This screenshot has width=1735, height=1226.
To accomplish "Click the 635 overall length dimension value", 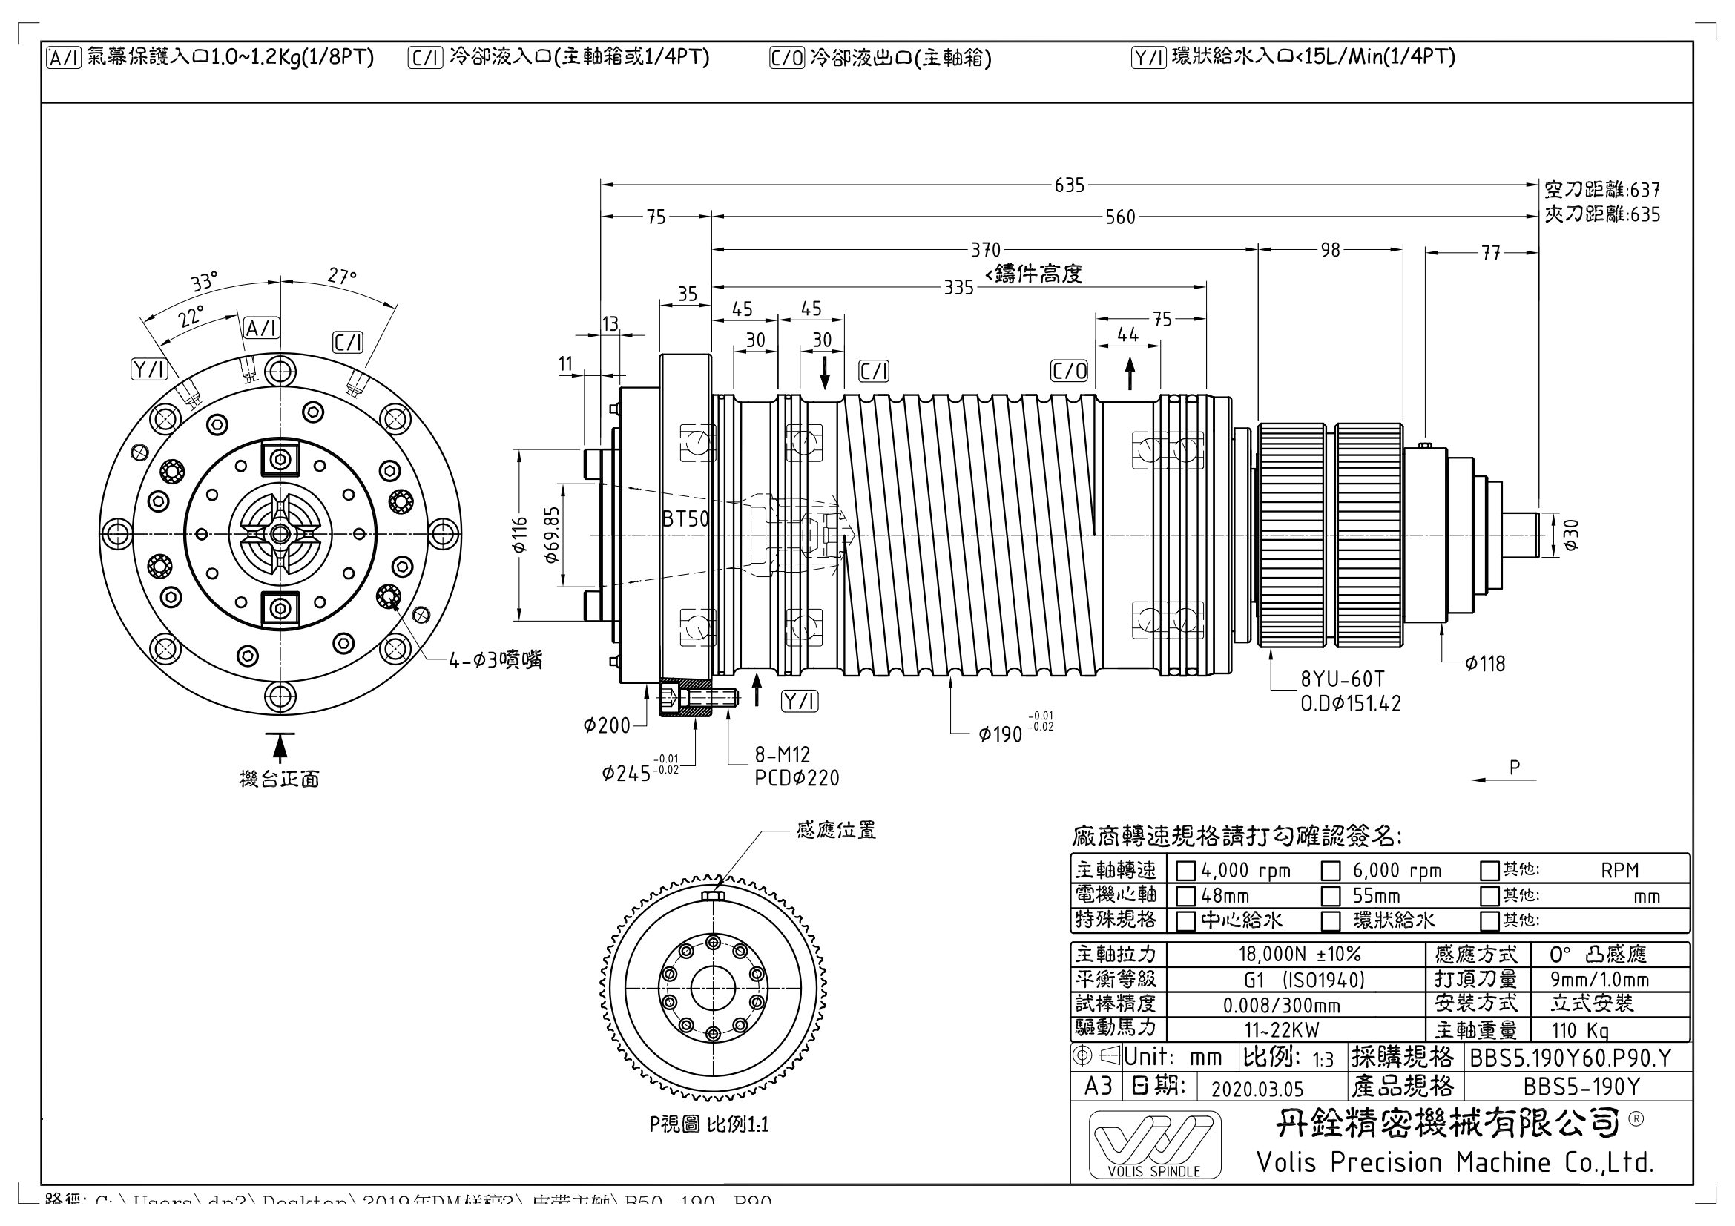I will click(1070, 185).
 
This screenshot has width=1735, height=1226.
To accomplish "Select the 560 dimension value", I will click(1120, 217).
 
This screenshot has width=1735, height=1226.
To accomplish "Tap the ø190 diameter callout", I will click(1001, 734).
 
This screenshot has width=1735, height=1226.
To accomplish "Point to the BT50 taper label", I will click(686, 519).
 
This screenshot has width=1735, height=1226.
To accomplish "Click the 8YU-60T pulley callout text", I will click(1342, 679).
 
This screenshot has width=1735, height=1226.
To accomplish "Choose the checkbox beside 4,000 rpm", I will click(1185, 871).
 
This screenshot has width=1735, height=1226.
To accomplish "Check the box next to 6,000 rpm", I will click(1330, 871).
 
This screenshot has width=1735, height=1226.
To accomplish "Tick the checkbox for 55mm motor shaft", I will click(1330, 897).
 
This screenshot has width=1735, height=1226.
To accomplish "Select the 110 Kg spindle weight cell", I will click(1579, 1030).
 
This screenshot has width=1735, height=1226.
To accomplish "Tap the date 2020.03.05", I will click(1257, 1089).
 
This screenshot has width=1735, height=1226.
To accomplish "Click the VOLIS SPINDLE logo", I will click(1154, 1145).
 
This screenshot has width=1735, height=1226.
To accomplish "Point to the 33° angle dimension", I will click(204, 283).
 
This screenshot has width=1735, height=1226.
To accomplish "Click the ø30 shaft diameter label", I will click(1571, 535).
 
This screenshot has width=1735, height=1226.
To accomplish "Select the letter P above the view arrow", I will click(1515, 768).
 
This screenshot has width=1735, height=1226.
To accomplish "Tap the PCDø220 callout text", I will click(797, 778).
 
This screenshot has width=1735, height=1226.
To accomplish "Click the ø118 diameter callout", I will click(1485, 664).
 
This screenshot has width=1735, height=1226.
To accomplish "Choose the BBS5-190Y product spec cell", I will click(1581, 1087).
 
